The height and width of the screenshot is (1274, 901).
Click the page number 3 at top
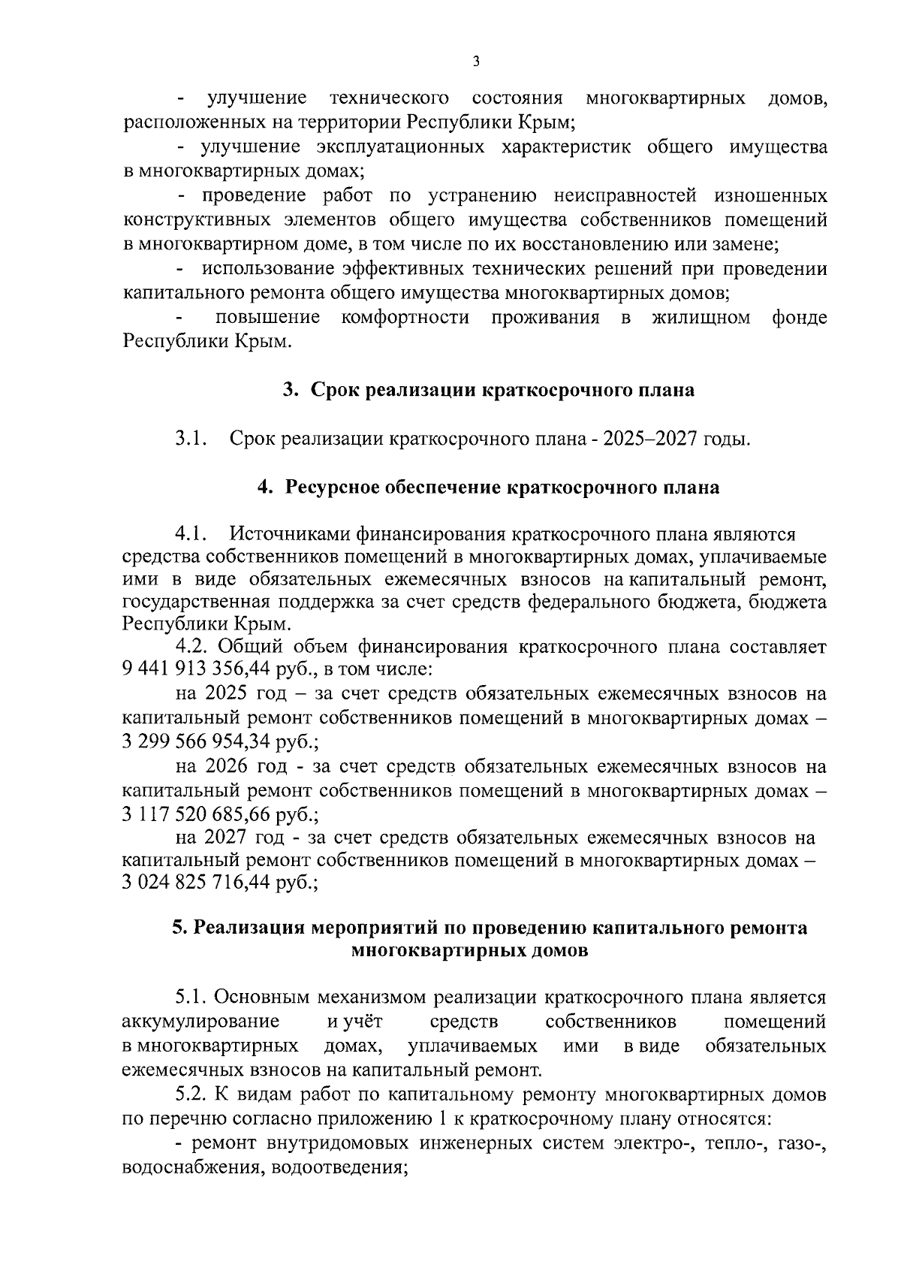click(475, 62)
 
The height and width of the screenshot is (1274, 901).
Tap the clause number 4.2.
click(194, 646)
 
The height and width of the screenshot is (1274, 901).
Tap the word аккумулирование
click(200, 1022)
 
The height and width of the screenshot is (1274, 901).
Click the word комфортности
click(405, 318)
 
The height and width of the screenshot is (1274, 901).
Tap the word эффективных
click(395, 269)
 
